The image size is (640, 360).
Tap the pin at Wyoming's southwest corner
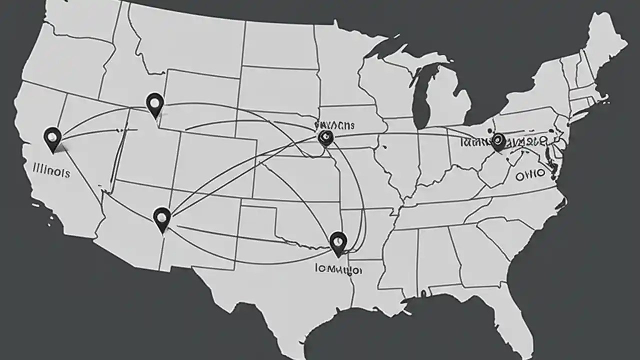(x=155, y=104)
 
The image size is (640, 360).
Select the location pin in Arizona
(x=162, y=218)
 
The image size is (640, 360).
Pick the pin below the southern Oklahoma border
(x=338, y=242)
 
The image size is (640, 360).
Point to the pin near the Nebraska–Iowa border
(x=325, y=137)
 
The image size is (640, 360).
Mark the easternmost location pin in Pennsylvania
(x=498, y=141)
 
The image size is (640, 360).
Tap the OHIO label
(x=530, y=174)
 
